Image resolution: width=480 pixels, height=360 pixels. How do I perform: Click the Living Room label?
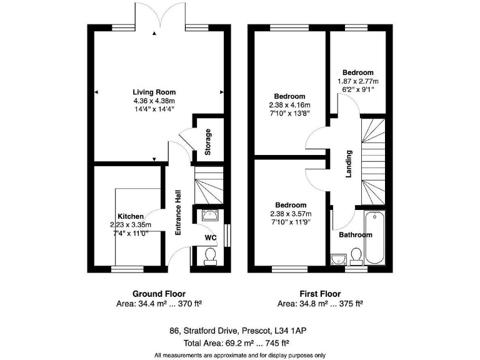coord(154,92)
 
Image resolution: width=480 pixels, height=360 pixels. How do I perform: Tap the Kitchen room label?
coord(131,216)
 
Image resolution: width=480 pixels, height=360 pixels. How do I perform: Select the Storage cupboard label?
coord(208,142)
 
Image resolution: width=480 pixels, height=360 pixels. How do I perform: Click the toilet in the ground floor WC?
coord(211,256)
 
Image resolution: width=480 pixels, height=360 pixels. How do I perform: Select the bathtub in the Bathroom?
coord(377,237)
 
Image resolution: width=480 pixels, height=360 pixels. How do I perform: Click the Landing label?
coord(350,164)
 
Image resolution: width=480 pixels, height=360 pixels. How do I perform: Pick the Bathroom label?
coord(356,235)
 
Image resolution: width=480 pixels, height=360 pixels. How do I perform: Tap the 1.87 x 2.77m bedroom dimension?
coord(358,81)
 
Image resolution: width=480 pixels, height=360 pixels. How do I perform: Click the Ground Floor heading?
coord(159,294)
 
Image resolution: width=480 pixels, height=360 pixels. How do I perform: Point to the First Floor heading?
coord(319,294)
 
